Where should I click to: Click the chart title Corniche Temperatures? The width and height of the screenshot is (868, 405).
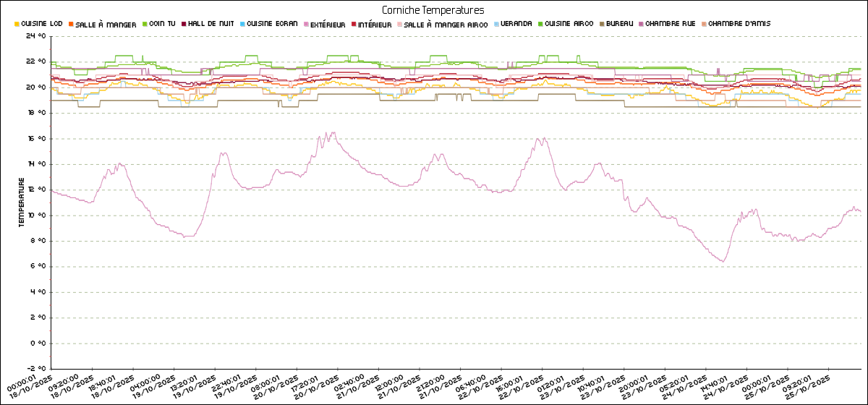433,10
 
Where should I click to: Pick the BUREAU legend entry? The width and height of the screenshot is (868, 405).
617,24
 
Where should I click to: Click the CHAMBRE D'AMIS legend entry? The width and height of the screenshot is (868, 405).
739,24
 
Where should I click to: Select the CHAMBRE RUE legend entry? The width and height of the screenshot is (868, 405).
673,24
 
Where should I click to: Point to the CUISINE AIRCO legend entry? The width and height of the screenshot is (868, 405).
569,24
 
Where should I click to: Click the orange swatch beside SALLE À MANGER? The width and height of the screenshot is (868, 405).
71,24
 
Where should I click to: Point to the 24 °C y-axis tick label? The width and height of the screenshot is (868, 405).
35,36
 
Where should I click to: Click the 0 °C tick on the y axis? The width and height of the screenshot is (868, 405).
38,344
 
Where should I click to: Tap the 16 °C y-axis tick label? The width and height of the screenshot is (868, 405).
35,139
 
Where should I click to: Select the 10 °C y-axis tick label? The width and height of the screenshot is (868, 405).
35,216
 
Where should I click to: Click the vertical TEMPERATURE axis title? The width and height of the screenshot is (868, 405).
22,205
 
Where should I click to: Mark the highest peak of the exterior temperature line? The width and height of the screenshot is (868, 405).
326,132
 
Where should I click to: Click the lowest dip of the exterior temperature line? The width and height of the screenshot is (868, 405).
721,262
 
